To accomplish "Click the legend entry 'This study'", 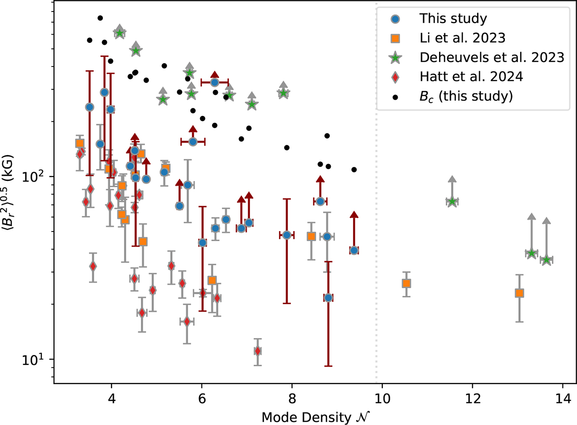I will tap(453, 19).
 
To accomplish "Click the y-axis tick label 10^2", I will tap(38, 176).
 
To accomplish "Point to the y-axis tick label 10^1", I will tap(38, 360).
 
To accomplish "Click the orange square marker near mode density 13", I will tap(519, 293).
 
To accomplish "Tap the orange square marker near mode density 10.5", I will tap(406, 283).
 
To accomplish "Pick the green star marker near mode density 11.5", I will tap(452, 201).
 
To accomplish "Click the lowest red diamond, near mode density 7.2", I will tap(258, 351).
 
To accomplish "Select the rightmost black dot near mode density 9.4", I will tap(354, 169).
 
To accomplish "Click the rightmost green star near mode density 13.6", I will tap(546, 260).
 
